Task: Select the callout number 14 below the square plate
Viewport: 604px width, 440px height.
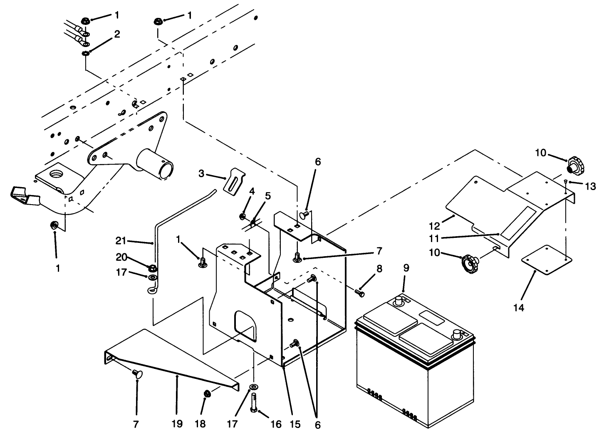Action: click(x=519, y=308)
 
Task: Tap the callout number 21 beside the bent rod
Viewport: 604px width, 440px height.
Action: click(x=121, y=240)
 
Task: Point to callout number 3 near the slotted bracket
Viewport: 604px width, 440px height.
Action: click(x=201, y=173)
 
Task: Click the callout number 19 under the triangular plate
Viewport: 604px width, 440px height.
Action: click(x=177, y=424)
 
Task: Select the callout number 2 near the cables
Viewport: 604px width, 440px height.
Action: click(x=117, y=35)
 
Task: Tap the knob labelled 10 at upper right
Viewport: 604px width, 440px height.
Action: click(x=576, y=166)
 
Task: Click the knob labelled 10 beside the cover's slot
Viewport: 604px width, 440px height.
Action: click(x=469, y=262)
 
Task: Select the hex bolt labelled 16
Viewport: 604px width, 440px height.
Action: click(x=255, y=404)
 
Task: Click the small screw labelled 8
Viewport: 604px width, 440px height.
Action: click(x=360, y=293)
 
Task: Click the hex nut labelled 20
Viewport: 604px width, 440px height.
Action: click(x=152, y=267)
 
